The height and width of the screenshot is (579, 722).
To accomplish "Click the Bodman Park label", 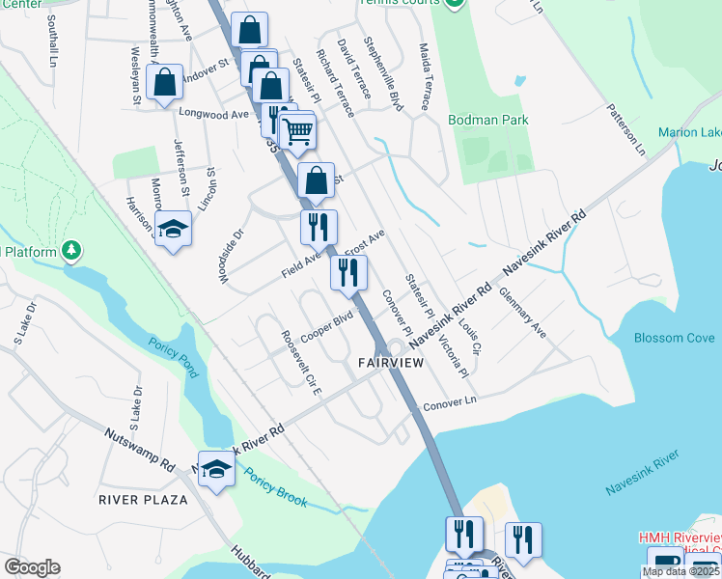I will [x=488, y=120].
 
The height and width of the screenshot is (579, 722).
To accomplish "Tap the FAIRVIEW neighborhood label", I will [x=391, y=362].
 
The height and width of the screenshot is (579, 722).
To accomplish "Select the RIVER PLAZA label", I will [x=143, y=499].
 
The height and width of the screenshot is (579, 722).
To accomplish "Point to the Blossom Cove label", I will [x=675, y=338].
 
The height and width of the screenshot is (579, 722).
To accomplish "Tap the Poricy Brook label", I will [x=276, y=488].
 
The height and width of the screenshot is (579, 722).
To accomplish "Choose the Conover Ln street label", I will [x=450, y=401].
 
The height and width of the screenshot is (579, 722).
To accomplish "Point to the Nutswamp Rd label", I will [x=137, y=445].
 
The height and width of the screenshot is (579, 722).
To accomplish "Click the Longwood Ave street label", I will [x=214, y=113].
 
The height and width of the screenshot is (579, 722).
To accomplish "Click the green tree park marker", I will [x=71, y=252].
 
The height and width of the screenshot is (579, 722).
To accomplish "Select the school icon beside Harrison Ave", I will [x=174, y=228].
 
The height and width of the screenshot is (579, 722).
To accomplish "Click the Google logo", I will [x=32, y=566].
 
